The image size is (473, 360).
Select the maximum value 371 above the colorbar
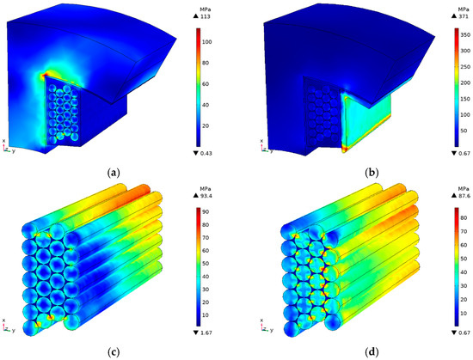pos(463,16)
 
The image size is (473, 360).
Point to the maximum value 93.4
pos(206,196)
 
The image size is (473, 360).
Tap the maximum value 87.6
pos(464,195)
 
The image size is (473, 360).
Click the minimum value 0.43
pos(206,153)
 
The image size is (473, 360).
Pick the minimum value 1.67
pos(206,333)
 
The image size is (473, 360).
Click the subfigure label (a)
pos(114,173)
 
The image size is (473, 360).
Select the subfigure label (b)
pos(372,173)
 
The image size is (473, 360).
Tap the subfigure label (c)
pos(114,352)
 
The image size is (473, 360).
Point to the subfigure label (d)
pos(372,352)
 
